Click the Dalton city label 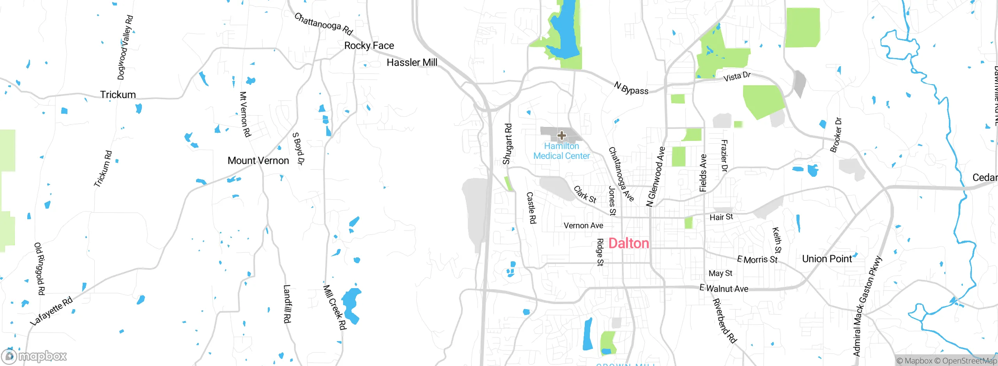point(628,243)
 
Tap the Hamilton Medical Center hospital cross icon point(561,135)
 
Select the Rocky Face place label point(369,46)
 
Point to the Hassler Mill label point(412,62)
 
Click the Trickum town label point(118,95)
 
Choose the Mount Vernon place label point(258,160)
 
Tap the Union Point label point(827,259)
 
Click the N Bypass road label point(631,88)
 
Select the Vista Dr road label point(737,77)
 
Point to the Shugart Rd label point(507,144)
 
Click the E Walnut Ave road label point(724,289)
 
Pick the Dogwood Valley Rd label point(125,48)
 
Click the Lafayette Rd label point(51,311)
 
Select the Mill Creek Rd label point(334,307)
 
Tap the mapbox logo point(34,356)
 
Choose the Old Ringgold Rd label point(40,269)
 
